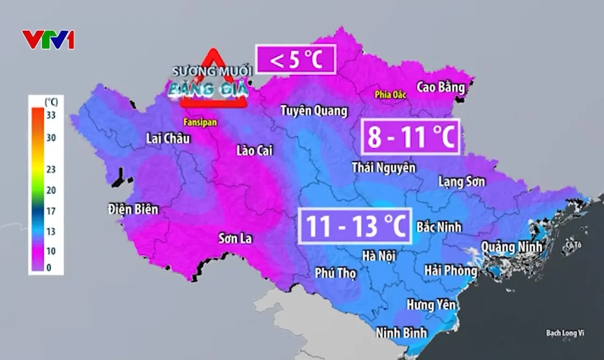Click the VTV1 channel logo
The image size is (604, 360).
48,40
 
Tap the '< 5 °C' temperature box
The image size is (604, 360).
296,59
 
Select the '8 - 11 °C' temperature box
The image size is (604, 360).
409,137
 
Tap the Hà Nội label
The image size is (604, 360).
379,256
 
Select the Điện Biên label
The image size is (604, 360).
133,209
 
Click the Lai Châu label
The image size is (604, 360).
168,139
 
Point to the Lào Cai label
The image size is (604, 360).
255,150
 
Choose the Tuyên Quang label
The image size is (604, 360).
313,111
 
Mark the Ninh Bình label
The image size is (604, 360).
401,332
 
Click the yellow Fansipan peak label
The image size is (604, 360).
200,123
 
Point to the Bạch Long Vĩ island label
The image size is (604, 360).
566,333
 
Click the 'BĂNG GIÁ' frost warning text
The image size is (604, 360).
208,88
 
